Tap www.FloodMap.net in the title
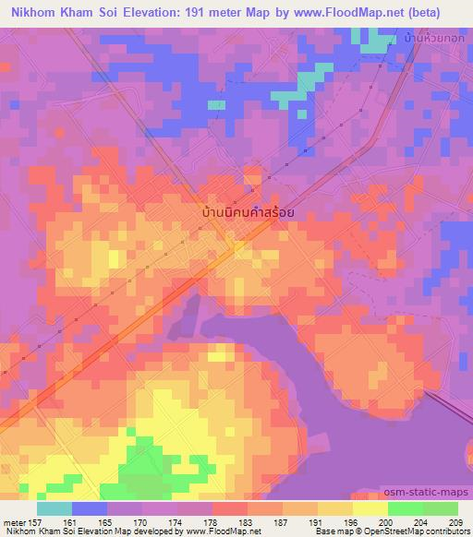[346, 11]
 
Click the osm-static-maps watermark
[432, 495]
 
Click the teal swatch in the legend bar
[55, 508]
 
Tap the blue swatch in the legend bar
[90, 508]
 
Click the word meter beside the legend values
[13, 521]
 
